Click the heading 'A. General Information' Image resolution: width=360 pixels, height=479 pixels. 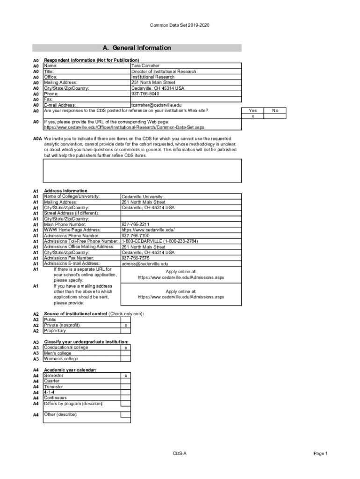click(137, 48)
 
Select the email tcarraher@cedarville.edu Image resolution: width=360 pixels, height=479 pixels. click(156, 105)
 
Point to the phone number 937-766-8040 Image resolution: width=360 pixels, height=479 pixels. click(145, 94)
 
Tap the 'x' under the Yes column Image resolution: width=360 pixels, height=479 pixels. click(253, 116)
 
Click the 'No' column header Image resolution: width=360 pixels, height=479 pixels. click(275, 110)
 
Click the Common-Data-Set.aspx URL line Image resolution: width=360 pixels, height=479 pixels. click(124, 127)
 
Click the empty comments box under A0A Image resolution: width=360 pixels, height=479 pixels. click(142, 170)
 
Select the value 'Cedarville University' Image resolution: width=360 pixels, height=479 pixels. click(142, 197)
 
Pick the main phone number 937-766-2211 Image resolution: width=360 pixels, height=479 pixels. click(135, 225)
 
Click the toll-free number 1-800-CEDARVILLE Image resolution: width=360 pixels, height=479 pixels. click(159, 241)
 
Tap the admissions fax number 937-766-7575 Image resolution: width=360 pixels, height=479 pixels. click(136, 258)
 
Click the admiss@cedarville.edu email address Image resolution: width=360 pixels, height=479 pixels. click(144, 264)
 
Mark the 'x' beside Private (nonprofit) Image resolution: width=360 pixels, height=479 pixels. click(125, 325)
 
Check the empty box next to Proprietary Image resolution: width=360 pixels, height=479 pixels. click(125, 331)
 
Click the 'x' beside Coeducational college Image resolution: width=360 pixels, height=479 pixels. click(125, 348)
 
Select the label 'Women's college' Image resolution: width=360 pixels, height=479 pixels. click(61, 359)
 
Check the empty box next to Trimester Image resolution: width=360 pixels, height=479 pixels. click(125, 387)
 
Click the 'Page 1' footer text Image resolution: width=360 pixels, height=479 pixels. click(321, 454)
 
